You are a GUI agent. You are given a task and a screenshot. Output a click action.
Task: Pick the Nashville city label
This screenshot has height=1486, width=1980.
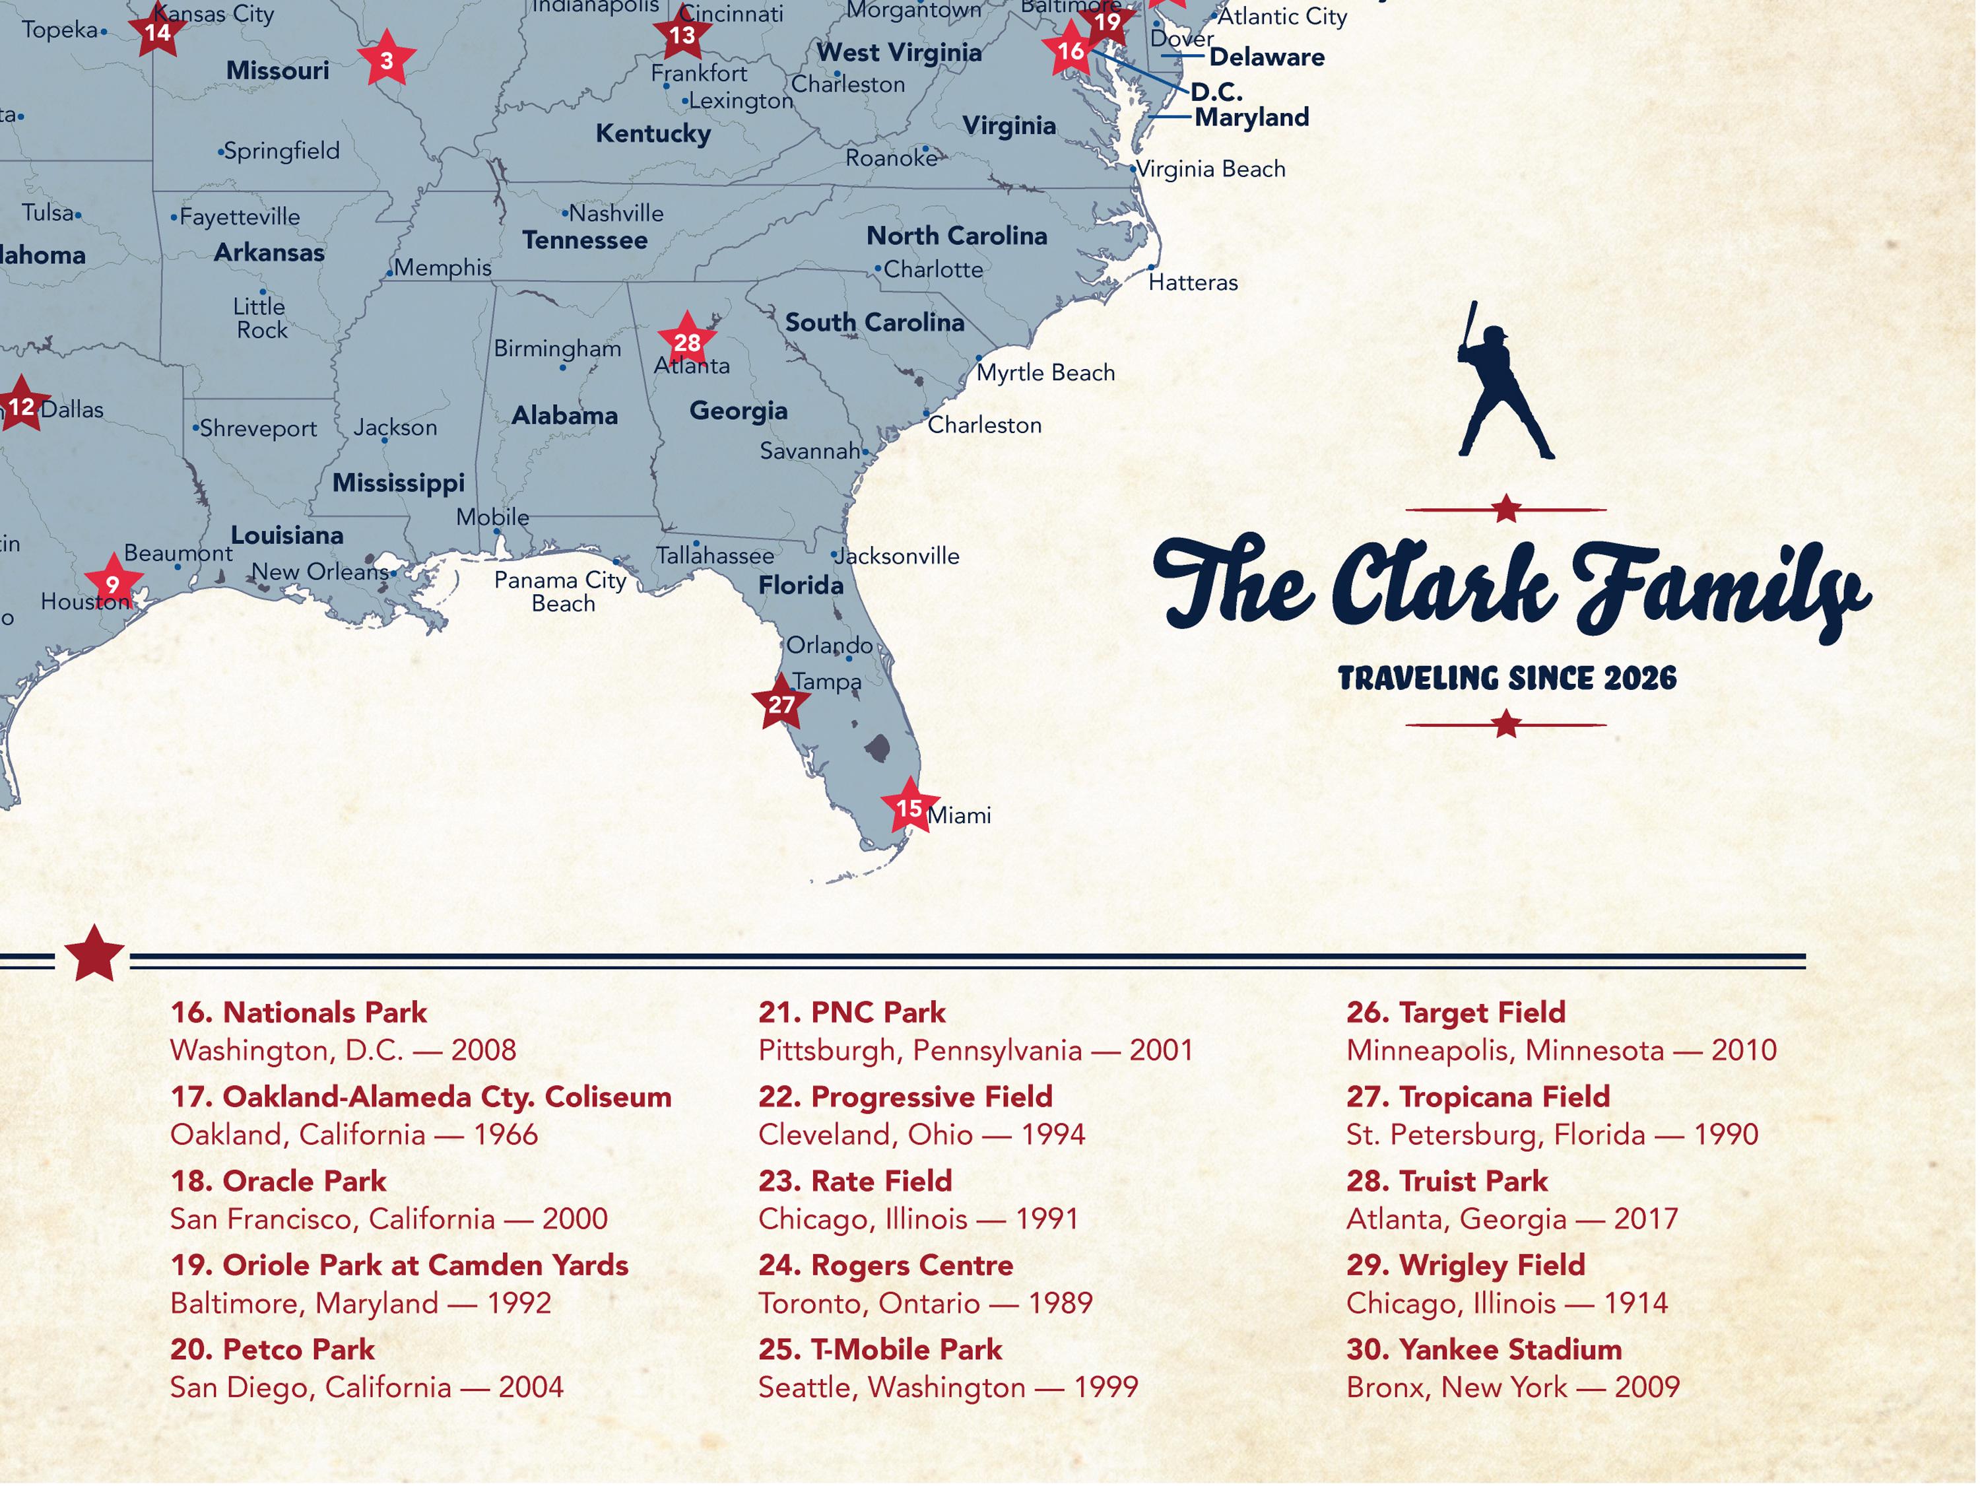pos(616,214)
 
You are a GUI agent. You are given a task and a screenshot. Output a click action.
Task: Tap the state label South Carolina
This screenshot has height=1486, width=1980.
pos(874,322)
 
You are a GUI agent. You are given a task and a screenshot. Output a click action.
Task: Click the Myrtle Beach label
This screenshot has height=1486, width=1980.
pos(1045,372)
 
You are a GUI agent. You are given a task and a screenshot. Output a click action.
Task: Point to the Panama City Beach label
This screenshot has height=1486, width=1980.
pos(561,591)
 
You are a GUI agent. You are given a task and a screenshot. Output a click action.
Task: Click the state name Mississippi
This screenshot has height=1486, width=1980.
pos(399,483)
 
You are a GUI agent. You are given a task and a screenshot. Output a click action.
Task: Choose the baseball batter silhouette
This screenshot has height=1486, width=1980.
pos(1503,385)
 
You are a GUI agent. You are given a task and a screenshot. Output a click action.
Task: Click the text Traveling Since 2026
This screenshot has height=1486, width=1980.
pos(1507,679)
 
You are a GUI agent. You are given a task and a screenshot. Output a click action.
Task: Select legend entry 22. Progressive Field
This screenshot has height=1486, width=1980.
pos(905,1097)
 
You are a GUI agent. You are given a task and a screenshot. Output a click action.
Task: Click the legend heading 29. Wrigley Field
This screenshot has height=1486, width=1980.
pos(1465,1266)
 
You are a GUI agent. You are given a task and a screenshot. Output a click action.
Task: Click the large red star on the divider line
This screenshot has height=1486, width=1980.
pos(94,955)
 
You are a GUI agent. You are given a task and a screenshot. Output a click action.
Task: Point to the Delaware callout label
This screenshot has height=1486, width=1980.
pos(1267,57)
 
